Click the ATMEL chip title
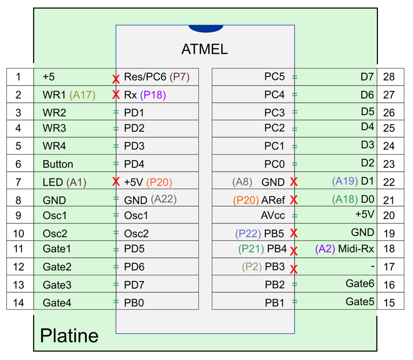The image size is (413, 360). coord(204,49)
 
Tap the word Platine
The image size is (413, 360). coord(69,336)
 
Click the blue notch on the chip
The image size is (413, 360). coord(206,29)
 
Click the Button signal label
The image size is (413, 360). coord(58,164)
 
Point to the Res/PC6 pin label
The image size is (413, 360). coord(145,76)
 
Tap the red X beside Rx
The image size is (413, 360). coord(116,95)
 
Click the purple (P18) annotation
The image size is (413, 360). coord(153,95)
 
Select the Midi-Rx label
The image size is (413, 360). coord(356,249)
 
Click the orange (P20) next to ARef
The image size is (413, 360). coord(246,200)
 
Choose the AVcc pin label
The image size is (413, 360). coord(273,215)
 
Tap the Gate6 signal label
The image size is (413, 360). coord(360,284)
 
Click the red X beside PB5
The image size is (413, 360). coord(294,233)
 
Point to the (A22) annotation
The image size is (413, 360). coord(164,199)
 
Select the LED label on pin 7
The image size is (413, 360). coord(53,182)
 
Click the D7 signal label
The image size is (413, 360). coord(367,76)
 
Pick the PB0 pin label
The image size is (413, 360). coord(134,303)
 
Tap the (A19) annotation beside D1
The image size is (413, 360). coord(345,181)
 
